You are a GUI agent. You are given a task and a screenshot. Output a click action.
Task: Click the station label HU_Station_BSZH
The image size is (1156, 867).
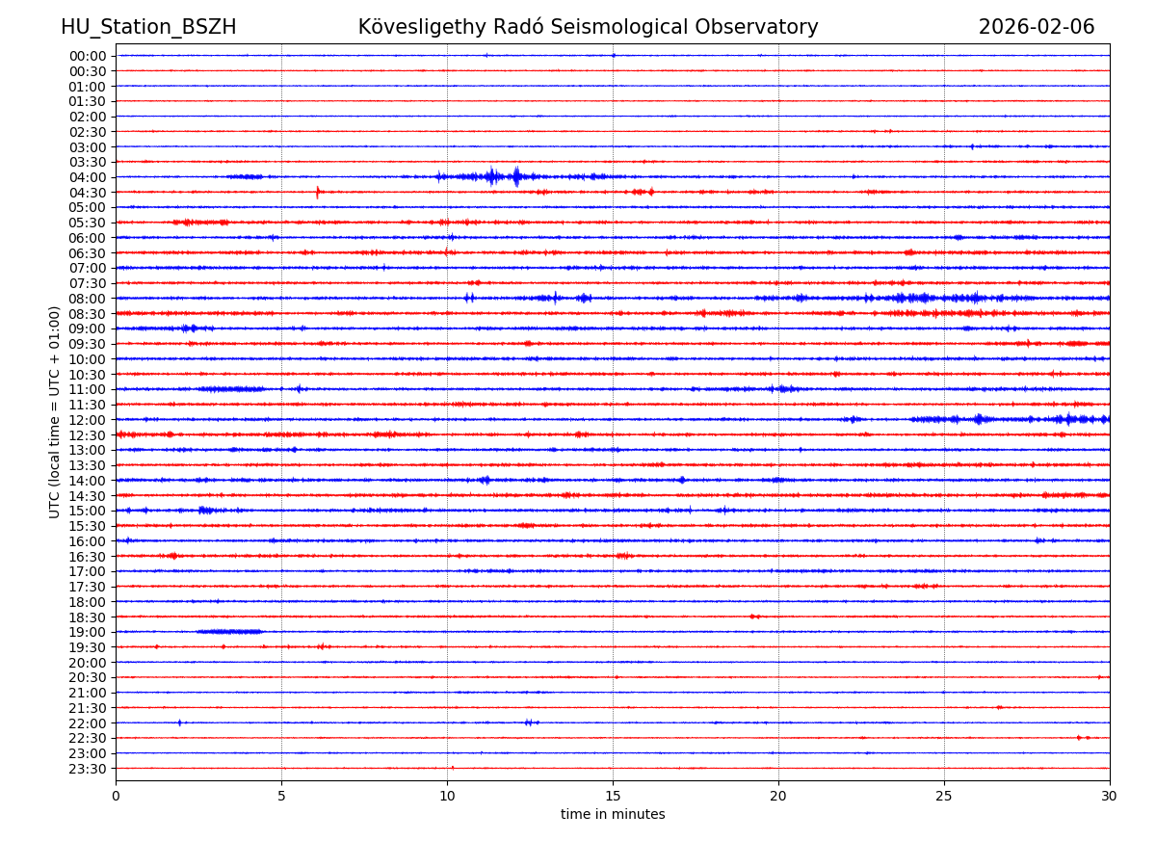148,27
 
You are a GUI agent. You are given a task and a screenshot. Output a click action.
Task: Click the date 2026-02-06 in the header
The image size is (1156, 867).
1037,27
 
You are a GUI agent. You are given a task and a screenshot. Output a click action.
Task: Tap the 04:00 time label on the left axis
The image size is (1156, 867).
88,177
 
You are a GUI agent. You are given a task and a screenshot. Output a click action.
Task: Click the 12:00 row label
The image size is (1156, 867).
88,420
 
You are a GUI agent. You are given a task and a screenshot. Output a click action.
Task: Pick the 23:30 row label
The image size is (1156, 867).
88,769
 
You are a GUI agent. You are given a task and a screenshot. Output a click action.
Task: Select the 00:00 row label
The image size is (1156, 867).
88,56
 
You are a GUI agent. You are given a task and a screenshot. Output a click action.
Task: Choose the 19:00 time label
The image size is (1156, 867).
88,632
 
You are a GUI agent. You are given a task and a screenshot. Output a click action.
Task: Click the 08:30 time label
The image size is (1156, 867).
88,314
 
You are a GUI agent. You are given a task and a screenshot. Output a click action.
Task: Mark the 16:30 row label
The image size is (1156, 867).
88,557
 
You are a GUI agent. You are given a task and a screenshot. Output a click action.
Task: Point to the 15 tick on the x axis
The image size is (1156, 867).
613,797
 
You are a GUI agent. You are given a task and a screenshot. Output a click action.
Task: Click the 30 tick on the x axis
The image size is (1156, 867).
1110,797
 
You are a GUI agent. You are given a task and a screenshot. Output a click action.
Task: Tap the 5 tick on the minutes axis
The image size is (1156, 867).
281,797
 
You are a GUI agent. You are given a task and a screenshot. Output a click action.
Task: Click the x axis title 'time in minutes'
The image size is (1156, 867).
613,815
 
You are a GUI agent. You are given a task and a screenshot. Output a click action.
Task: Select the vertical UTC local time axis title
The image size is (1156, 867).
55,411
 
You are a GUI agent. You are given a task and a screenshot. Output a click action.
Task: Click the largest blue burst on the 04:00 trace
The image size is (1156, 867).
516,176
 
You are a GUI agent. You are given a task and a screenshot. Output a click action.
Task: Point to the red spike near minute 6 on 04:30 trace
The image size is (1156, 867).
318,192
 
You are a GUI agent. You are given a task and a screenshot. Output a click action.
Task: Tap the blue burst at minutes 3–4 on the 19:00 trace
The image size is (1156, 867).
229,632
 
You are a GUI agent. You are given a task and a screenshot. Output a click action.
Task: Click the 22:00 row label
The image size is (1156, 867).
88,723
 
